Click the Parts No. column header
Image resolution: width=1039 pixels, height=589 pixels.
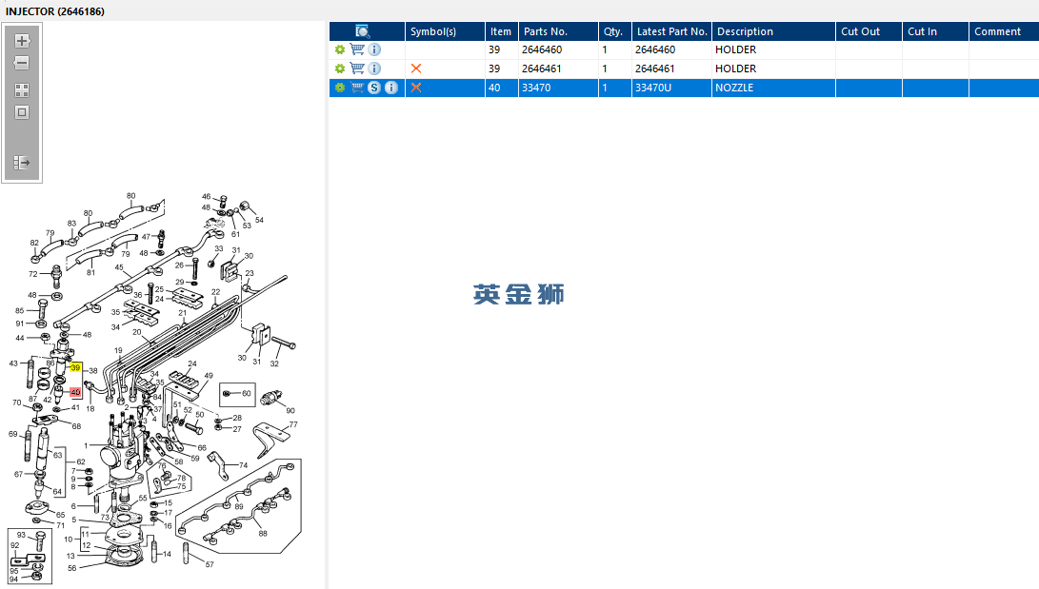pyautogui.click(x=546, y=31)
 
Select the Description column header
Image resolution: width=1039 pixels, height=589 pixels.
pyautogui.click(x=745, y=31)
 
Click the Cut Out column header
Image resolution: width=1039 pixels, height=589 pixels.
pyautogui.click(x=860, y=31)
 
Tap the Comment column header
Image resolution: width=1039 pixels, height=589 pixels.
pyautogui.click(x=997, y=31)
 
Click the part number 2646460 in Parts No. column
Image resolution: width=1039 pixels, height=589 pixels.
pyautogui.click(x=541, y=49)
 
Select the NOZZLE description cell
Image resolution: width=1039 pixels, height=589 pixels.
pyautogui.click(x=734, y=88)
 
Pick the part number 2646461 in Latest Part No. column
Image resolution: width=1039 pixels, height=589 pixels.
pyautogui.click(x=654, y=69)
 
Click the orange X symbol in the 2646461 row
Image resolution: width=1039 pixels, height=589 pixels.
pyautogui.click(x=416, y=69)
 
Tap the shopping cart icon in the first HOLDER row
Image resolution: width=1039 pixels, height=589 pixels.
pyautogui.click(x=357, y=49)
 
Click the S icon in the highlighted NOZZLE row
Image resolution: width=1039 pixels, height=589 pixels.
pyautogui.click(x=374, y=88)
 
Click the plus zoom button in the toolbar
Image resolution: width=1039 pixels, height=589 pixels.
pyautogui.click(x=22, y=41)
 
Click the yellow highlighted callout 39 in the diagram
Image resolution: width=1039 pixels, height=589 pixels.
pyautogui.click(x=75, y=367)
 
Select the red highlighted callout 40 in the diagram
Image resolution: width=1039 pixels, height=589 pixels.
pyautogui.click(x=75, y=392)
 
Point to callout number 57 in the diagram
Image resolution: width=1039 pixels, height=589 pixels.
pyautogui.click(x=210, y=564)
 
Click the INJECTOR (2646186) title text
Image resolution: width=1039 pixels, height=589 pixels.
pyautogui.click(x=55, y=11)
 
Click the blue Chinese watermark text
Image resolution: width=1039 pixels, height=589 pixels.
pyautogui.click(x=519, y=295)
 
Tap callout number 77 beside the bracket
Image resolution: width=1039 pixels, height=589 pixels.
pyautogui.click(x=293, y=424)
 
